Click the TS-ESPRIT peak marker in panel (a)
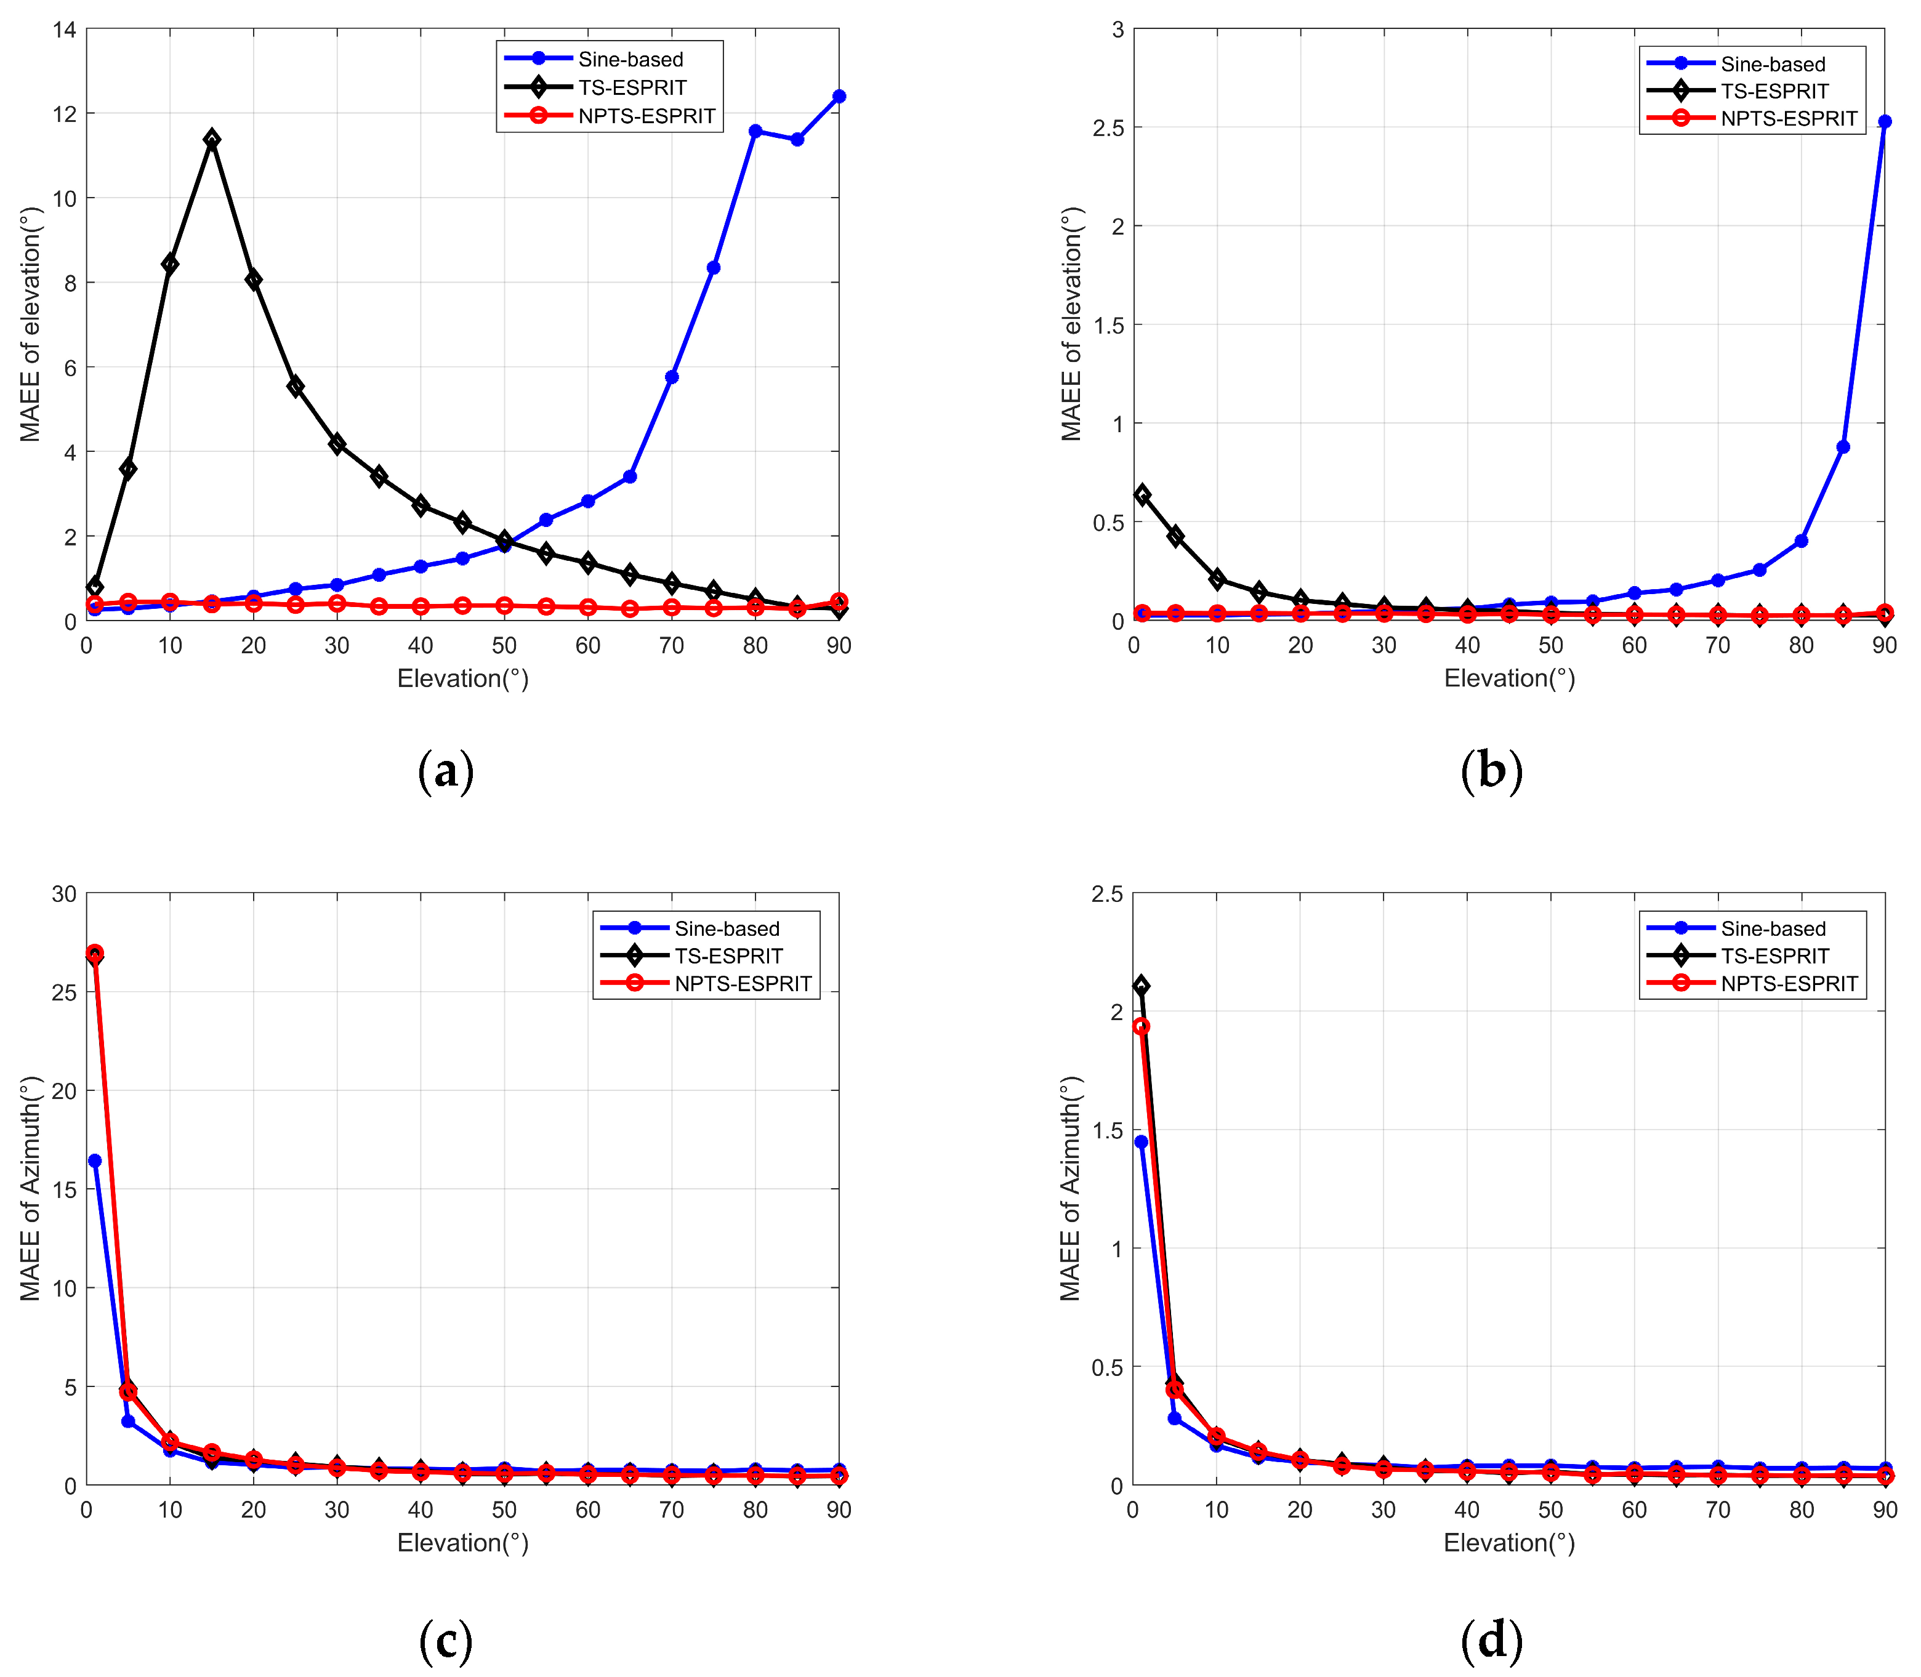(212, 139)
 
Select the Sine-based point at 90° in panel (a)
(839, 97)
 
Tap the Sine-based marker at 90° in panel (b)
(1883, 122)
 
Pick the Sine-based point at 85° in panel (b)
(1842, 448)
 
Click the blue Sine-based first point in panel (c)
(94, 1160)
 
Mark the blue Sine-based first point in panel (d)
(1141, 1142)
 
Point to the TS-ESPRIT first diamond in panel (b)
(1142, 494)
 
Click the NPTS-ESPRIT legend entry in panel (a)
(646, 116)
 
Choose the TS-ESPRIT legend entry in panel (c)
(728, 955)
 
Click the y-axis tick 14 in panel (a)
(63, 29)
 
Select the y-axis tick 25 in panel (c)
(63, 992)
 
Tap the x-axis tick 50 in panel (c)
(504, 1510)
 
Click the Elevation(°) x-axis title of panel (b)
(1508, 678)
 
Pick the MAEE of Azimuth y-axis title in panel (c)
(30, 1189)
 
